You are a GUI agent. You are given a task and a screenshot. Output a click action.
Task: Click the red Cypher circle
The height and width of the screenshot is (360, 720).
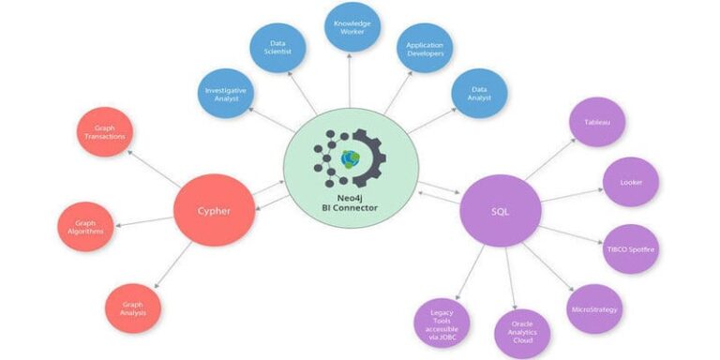tap(215, 209)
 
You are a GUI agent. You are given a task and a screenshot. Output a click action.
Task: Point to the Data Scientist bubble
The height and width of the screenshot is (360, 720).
tap(277, 48)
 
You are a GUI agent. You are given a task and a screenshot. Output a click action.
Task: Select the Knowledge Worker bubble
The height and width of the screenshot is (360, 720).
tap(352, 26)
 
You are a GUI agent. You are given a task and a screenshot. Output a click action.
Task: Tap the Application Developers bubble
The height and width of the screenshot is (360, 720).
tap(425, 48)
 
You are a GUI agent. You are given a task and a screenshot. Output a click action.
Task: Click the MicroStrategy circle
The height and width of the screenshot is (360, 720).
tap(595, 309)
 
